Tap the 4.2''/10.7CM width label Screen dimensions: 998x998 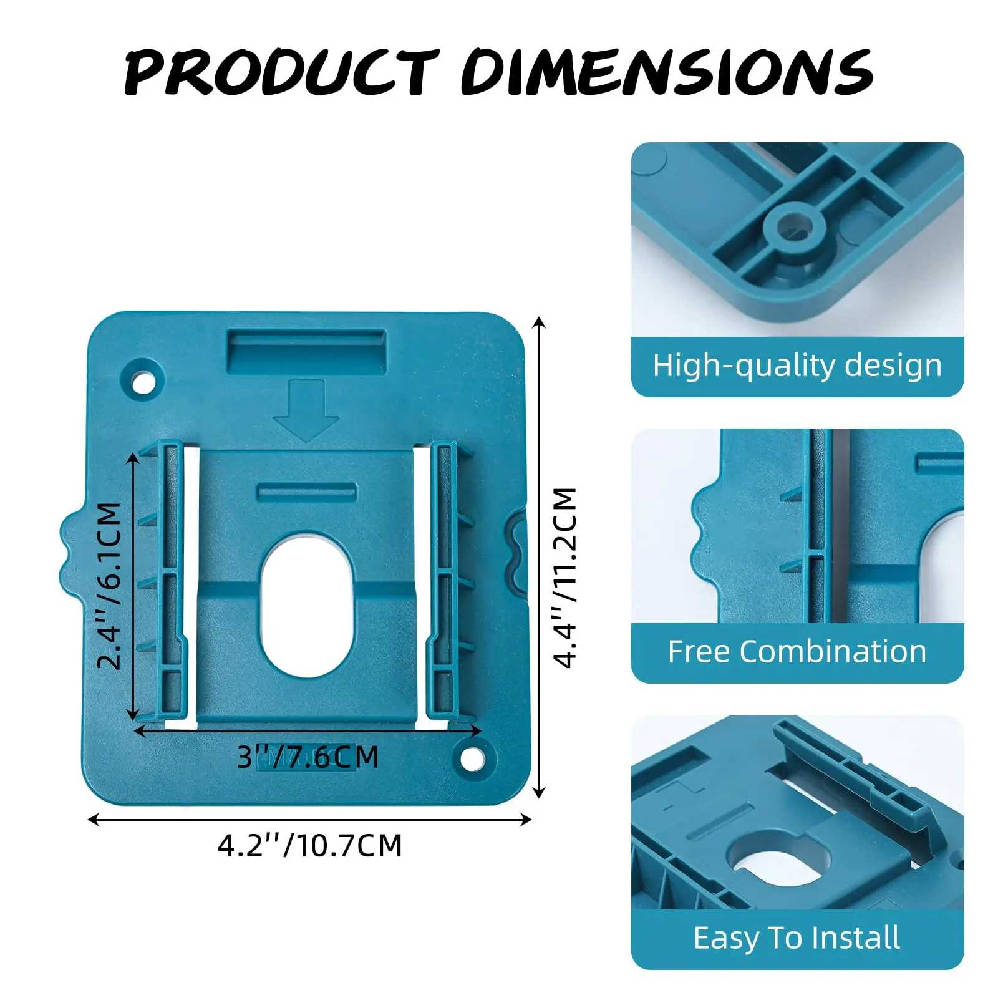[x=310, y=846]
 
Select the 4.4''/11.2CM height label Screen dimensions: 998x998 [x=566, y=578]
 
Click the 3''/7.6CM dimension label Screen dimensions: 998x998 [x=308, y=757]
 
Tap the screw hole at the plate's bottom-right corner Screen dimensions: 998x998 [x=472, y=759]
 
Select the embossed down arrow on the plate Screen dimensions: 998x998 [x=306, y=410]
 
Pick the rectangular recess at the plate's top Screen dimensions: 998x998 [x=306, y=351]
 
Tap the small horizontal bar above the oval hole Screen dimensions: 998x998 [x=307, y=492]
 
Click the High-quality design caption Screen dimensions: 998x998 [x=797, y=366]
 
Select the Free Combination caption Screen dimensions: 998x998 [x=797, y=652]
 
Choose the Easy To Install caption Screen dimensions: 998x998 [x=797, y=937]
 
